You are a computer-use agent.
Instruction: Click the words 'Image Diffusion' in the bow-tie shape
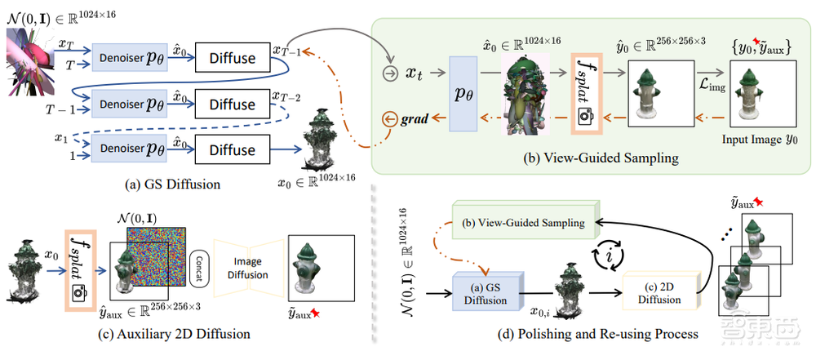(249, 269)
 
